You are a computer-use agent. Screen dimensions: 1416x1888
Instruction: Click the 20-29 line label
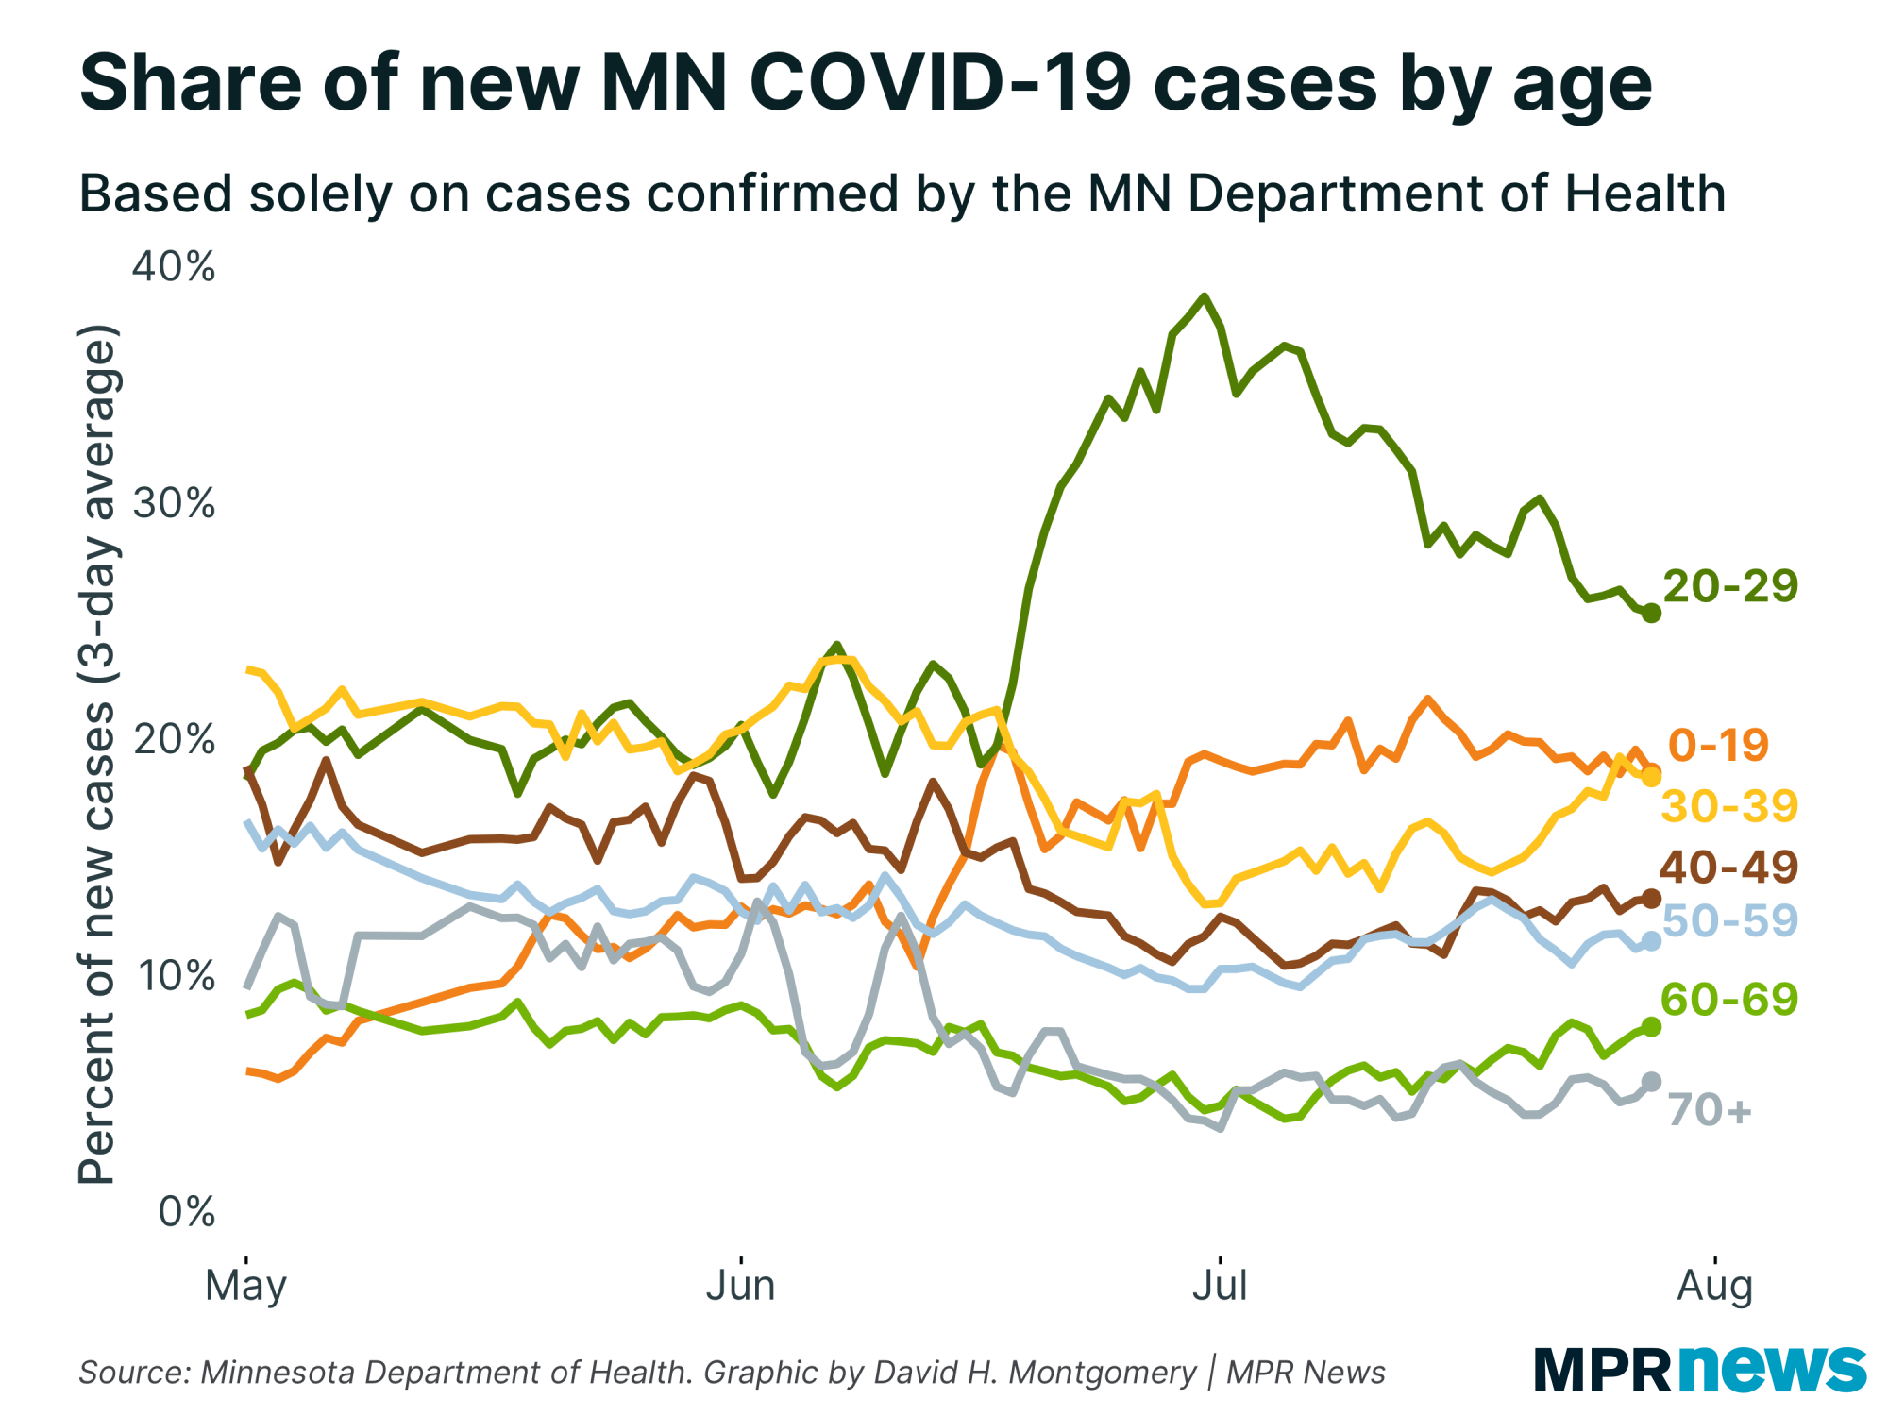click(x=1730, y=586)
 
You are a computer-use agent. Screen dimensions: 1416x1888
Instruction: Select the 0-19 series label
click(x=1718, y=745)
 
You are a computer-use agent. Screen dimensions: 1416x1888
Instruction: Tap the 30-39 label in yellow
click(x=1729, y=806)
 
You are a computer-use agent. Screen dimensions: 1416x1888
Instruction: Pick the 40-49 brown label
click(x=1728, y=867)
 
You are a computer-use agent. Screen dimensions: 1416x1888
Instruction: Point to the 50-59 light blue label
click(x=1729, y=920)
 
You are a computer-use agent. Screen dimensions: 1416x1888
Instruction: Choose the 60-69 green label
click(x=1729, y=999)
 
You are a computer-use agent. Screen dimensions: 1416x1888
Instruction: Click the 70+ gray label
click(x=1710, y=1110)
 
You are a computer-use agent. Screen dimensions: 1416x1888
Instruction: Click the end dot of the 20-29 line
click(x=1652, y=614)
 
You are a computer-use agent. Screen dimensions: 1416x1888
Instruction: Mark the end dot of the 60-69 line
click(x=1652, y=1026)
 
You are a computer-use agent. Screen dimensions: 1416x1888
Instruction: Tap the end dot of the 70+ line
click(x=1652, y=1082)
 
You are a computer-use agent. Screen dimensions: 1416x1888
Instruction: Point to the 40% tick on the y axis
click(x=174, y=267)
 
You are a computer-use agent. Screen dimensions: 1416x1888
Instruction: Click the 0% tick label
click(x=187, y=1211)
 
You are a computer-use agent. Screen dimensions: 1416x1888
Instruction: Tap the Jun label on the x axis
click(x=741, y=1286)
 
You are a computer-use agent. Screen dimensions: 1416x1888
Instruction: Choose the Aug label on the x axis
click(x=1714, y=1286)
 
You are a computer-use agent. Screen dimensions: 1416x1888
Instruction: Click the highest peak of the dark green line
click(x=1204, y=296)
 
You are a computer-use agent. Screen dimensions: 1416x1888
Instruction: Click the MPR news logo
click(x=1699, y=1369)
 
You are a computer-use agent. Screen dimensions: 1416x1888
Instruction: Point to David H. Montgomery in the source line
click(x=1035, y=1373)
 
